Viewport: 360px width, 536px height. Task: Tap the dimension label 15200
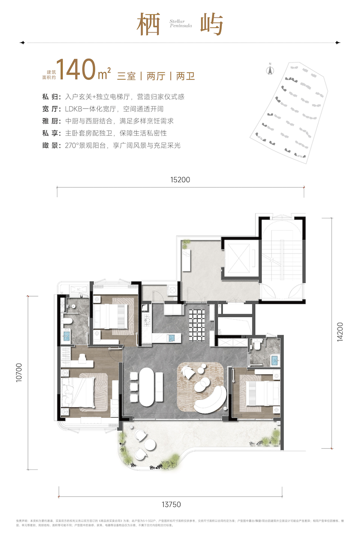click(x=180, y=180)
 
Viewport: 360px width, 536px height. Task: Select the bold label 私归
click(x=49, y=97)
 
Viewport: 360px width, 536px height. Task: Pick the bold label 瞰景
click(x=49, y=146)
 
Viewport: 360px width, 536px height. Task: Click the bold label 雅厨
click(x=49, y=121)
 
